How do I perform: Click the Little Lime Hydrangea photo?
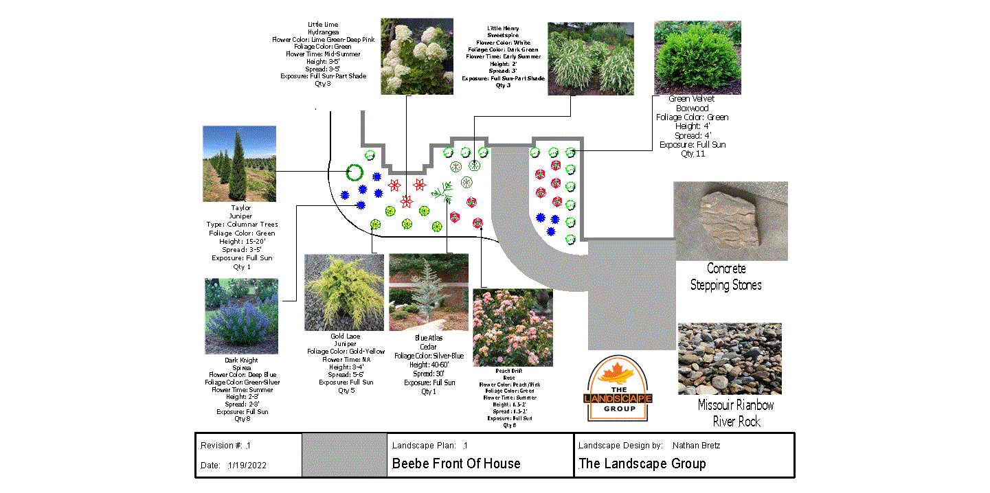click(416, 56)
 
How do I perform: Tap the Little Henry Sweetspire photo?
click(590, 58)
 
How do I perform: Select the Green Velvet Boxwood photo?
click(697, 57)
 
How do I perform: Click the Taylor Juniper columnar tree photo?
click(239, 163)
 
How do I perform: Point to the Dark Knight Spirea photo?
click(241, 316)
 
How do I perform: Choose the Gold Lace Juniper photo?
click(344, 293)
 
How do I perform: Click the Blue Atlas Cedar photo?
click(429, 293)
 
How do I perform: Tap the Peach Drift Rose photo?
click(513, 328)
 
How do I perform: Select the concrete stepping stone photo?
click(730, 221)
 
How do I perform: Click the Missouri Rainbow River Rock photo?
click(730, 358)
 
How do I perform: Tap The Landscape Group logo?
click(619, 389)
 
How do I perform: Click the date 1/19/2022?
click(247, 466)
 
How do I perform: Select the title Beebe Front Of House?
click(456, 463)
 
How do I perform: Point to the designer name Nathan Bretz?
click(696, 446)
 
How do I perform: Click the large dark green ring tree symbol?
click(355, 172)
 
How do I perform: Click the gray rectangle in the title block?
click(344, 455)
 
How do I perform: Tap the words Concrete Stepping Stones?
click(726, 277)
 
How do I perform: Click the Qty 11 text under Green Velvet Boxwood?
click(693, 154)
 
